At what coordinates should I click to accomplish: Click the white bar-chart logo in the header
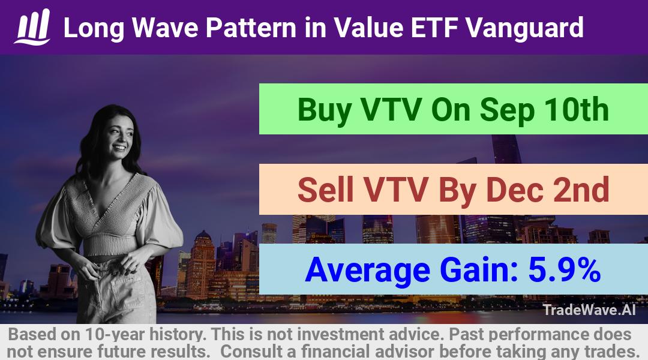pyautogui.click(x=32, y=27)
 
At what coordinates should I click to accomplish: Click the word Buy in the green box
pyautogui.click(x=325, y=110)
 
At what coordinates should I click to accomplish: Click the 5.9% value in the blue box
pyautogui.click(x=565, y=269)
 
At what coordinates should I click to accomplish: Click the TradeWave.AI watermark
pyautogui.click(x=589, y=310)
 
